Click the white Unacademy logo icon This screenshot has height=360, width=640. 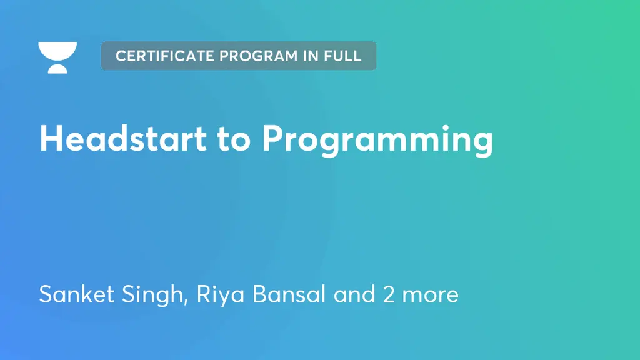pos(57,57)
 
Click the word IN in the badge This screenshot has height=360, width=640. pos(311,56)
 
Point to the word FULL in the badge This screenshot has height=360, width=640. pos(342,56)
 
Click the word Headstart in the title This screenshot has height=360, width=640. pos(122,138)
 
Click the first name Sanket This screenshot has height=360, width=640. pos(74,294)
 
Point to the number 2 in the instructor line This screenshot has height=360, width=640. pos(389,294)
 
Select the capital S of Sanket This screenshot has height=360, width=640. pos(46,294)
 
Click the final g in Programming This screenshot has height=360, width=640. pos(482,143)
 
